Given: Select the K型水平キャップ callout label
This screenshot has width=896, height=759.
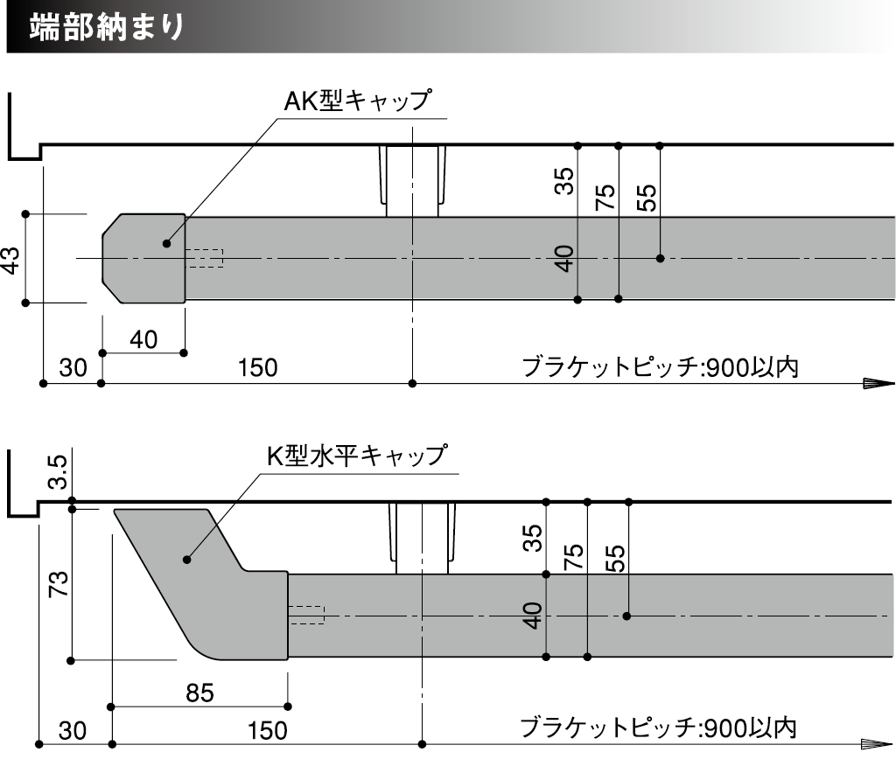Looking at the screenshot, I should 357,456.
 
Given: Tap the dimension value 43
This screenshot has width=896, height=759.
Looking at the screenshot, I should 10,259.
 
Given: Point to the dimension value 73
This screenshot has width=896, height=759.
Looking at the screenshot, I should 58,584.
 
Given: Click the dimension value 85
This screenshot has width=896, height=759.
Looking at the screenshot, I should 200,692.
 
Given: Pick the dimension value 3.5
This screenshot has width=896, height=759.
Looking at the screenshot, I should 58,472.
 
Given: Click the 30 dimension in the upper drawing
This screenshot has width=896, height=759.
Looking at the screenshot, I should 73,368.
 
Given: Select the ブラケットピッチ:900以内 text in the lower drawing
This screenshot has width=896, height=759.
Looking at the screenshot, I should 658,728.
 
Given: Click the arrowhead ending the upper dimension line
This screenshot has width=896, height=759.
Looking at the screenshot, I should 877,383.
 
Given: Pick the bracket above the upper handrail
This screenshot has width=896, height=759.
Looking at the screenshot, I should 411,180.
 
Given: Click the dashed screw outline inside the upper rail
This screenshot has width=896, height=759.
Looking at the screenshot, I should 205,259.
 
